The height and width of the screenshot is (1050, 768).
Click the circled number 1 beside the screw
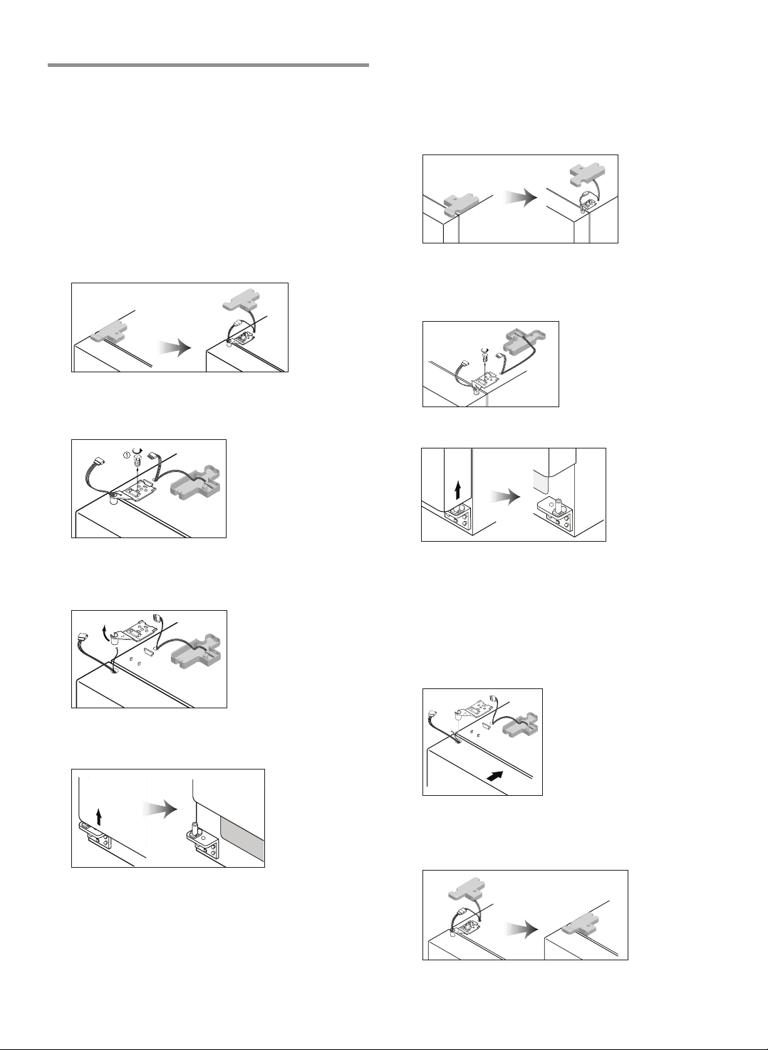coord(126,454)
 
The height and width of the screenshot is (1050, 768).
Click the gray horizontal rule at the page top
coord(208,65)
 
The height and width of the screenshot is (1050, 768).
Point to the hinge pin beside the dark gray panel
coord(194,830)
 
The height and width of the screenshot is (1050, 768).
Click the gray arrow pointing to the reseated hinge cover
coord(521,929)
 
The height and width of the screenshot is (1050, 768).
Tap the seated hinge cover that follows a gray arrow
coord(581,925)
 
